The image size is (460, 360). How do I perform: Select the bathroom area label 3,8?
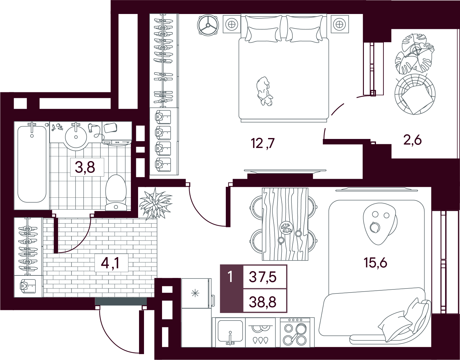[85, 168]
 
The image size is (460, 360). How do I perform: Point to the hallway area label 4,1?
[110, 263]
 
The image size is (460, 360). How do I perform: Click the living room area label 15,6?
[375, 263]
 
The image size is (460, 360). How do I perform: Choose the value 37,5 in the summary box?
[263, 277]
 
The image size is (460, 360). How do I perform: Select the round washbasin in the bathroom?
[76, 137]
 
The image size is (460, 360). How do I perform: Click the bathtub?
[32, 164]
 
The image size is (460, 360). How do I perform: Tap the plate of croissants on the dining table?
[286, 228]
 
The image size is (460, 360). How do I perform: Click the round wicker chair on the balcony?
[415, 95]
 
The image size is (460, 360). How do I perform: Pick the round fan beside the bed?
[208, 25]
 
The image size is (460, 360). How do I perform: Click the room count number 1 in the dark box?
[230, 277]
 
